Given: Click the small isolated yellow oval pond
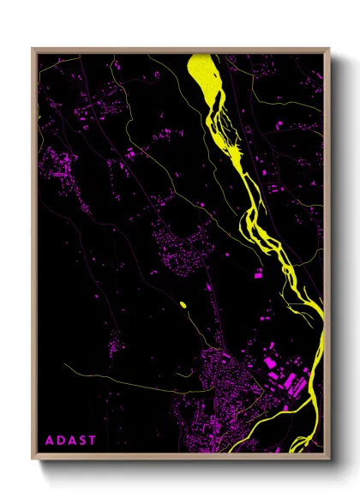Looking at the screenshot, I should pyautogui.click(x=183, y=304).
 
